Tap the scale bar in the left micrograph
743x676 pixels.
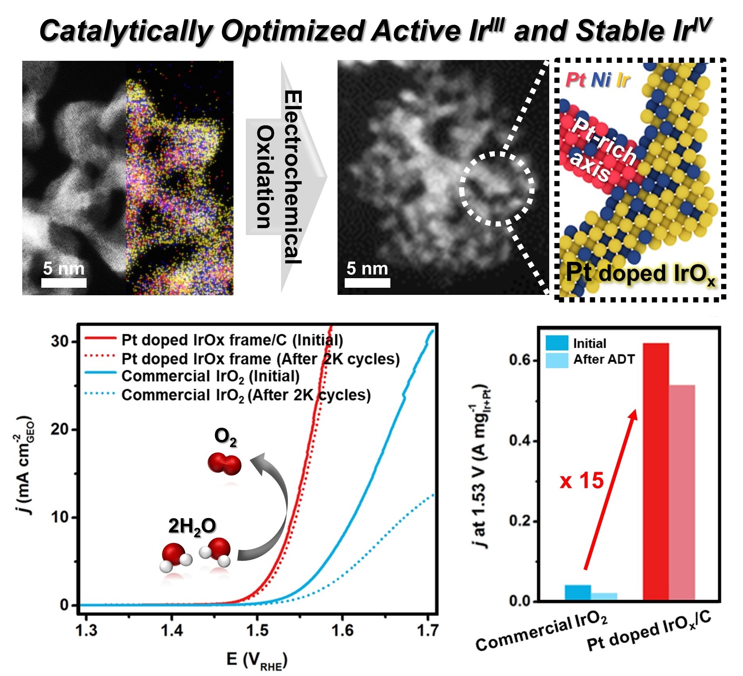pos(64,283)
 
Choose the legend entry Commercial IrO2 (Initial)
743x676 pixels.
pos(210,376)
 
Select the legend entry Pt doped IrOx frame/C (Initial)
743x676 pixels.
pos(232,340)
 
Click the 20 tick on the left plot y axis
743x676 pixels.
pos(60,430)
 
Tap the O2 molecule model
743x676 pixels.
pos(224,463)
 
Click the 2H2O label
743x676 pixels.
pos(192,526)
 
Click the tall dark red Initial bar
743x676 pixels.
pos(656,471)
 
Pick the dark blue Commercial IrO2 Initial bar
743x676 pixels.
pos(578,592)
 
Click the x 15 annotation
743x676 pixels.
pos(582,480)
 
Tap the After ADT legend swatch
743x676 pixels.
pos(557,360)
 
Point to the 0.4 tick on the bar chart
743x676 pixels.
pos(520,441)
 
